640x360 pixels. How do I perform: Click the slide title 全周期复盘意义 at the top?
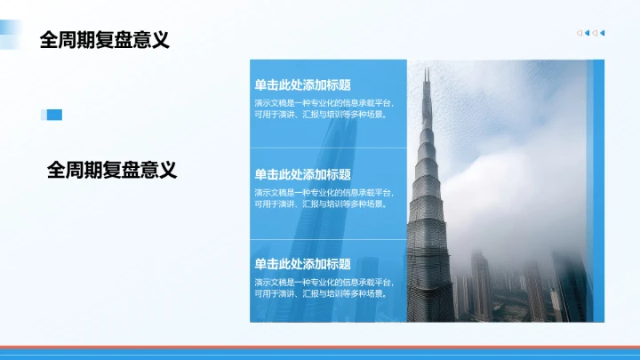pos(105,40)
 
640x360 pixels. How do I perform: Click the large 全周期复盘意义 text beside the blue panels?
pos(112,170)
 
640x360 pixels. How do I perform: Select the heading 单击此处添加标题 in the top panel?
pos(302,85)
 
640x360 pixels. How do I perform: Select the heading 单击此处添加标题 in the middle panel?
pos(302,175)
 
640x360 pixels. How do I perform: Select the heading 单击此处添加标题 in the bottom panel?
pos(302,264)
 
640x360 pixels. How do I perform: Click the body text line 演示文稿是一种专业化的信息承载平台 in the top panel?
pos(324,102)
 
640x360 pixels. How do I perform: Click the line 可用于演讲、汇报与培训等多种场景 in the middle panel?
pos(320,204)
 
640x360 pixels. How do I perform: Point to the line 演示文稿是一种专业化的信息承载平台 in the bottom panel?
pos(324,281)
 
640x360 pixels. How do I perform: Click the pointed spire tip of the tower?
pos(427,69)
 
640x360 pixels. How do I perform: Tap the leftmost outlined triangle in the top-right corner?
pos(580,34)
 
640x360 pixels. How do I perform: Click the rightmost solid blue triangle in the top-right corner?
pos(603,34)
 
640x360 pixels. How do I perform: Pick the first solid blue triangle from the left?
pos(588,34)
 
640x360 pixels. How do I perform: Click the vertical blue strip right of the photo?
pos(598,190)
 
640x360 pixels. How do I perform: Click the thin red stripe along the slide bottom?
pos(320,347)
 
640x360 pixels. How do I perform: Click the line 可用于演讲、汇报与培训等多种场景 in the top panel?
pos(320,114)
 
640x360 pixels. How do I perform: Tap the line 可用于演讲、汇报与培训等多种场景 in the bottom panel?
pos(320,292)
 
